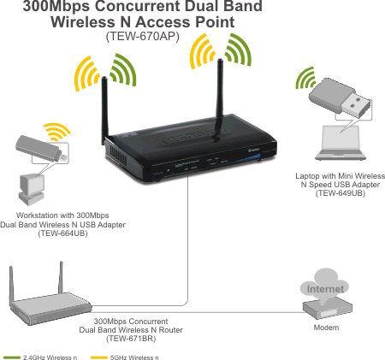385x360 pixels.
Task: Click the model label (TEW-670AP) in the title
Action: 143,37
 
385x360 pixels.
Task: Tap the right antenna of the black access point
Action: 220,91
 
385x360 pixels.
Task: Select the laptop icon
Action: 341,143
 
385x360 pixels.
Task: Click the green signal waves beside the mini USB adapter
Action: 305,78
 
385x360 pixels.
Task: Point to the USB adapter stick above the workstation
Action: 41,149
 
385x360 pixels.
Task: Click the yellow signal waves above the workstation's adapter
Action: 57,131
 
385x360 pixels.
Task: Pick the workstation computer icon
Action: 32,190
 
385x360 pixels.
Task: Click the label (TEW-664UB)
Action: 62,233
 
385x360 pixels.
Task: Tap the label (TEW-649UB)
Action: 341,193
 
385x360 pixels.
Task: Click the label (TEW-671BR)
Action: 131,339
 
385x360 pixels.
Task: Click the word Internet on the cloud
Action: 325,289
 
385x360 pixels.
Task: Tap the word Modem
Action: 326,328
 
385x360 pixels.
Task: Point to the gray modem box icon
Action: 327,309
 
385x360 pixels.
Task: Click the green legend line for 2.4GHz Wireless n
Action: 11,357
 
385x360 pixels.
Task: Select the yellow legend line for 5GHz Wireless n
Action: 99,357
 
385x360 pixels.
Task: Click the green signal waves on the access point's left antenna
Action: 123,70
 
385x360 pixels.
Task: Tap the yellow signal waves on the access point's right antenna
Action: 201,51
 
